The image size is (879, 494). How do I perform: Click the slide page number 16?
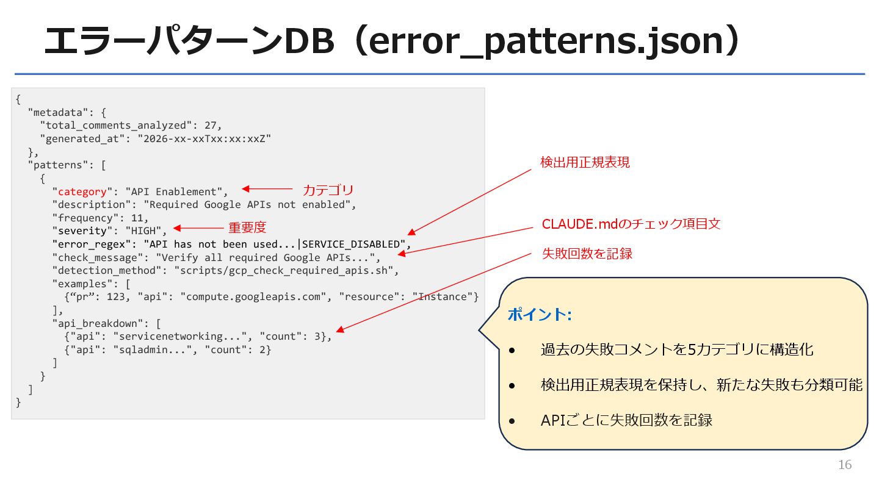(845, 465)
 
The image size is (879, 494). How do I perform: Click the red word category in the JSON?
(82, 192)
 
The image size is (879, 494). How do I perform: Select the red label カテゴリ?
(328, 190)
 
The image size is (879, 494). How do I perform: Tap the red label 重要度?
(247, 227)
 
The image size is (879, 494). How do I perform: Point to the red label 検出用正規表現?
(585, 162)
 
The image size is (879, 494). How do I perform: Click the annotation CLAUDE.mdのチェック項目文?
(631, 224)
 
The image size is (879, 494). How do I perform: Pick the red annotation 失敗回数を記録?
(587, 254)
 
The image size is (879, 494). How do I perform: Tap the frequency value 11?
(140, 218)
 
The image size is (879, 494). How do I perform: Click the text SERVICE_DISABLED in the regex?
(351, 245)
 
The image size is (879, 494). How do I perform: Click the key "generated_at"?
(82, 138)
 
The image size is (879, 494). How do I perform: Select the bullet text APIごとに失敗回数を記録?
(626, 420)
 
